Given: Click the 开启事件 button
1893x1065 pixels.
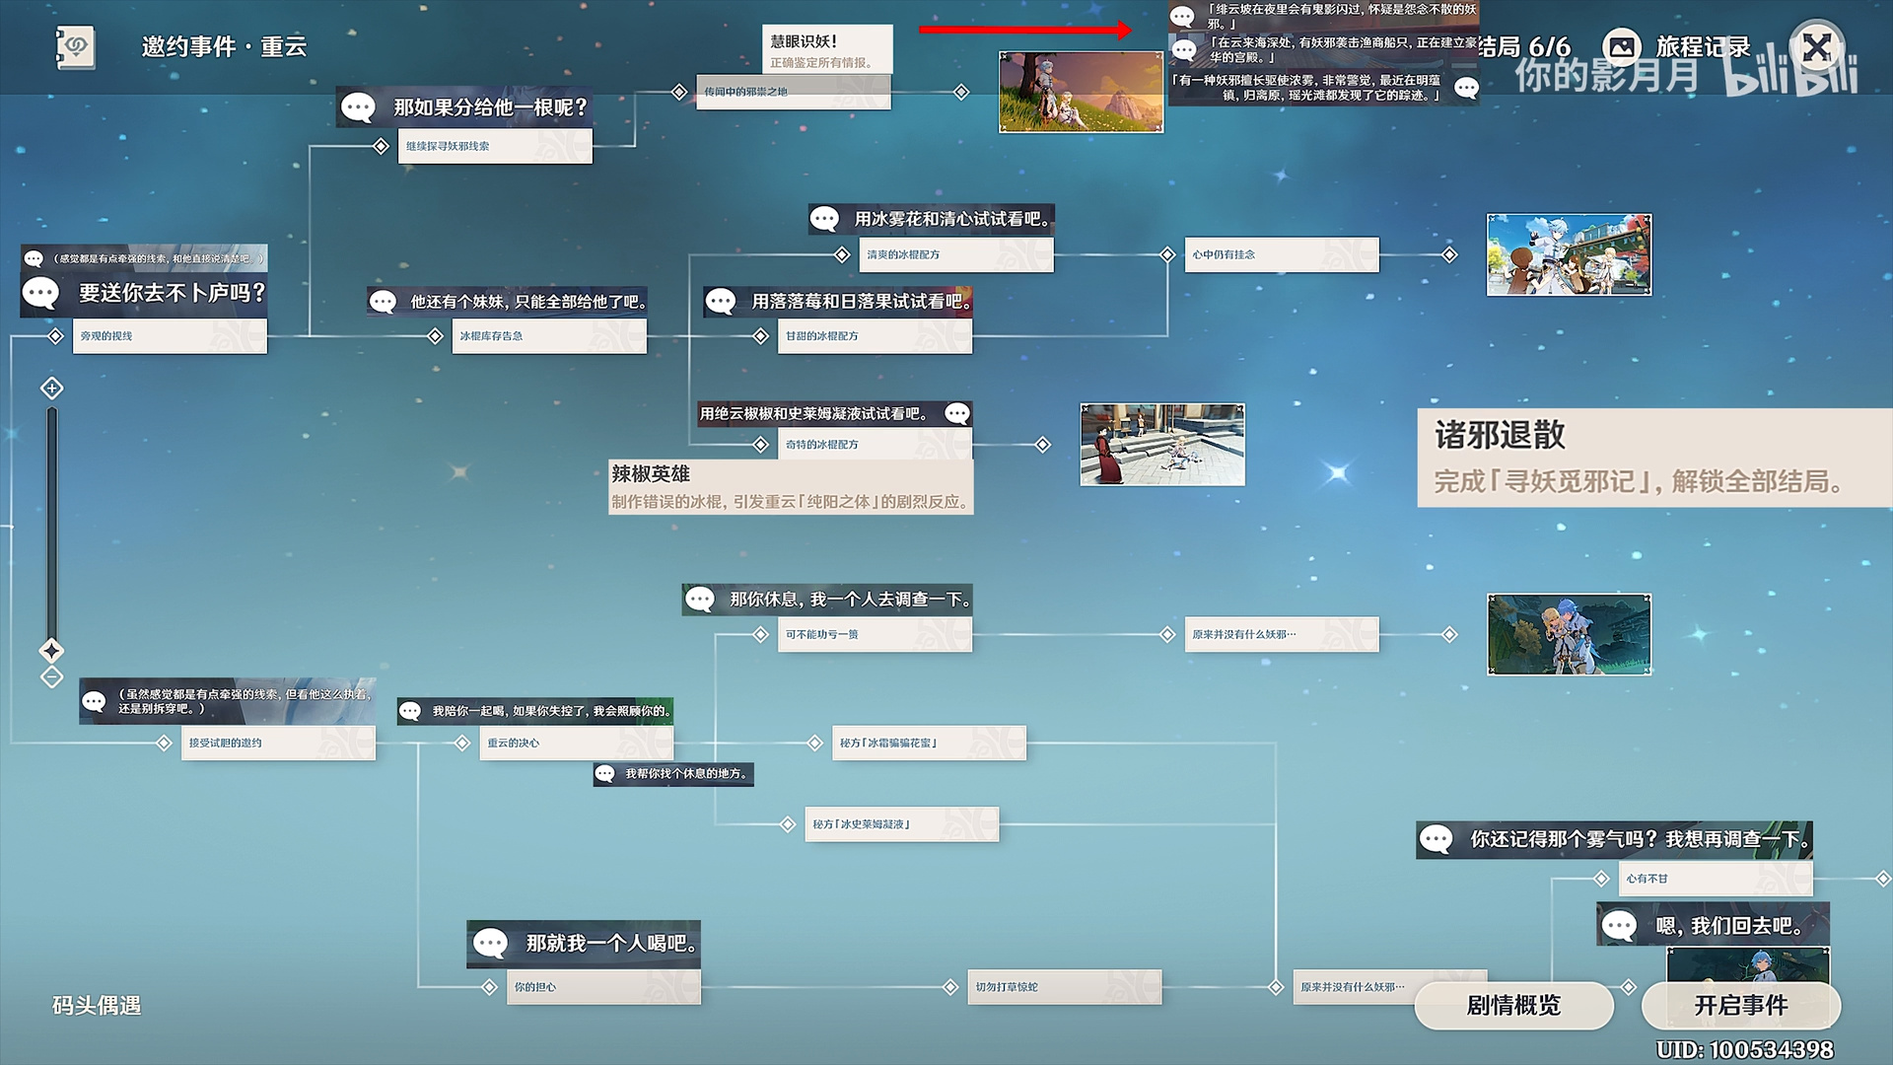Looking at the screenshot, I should (x=1740, y=1006).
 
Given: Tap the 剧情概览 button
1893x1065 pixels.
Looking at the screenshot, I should (x=1513, y=1006).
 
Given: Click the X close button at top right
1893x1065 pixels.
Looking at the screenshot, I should (x=1817, y=46).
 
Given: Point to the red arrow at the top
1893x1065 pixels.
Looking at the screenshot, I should (x=1025, y=30).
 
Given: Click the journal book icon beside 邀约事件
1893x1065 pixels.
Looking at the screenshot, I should (x=75, y=46).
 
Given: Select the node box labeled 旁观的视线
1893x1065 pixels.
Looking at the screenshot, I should (x=170, y=336).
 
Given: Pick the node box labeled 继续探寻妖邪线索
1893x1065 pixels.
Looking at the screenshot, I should (x=494, y=146).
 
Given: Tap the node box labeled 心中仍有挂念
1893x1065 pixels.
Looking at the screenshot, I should (x=1281, y=254).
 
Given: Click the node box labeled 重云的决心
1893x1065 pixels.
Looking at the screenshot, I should (x=576, y=743).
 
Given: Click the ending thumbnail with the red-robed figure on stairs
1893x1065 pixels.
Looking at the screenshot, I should (x=1162, y=445).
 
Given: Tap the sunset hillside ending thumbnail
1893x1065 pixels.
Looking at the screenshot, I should (x=1081, y=92).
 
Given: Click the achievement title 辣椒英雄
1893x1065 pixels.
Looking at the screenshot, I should (x=651, y=474).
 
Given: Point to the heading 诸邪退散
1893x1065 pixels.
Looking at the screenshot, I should (x=1500, y=435).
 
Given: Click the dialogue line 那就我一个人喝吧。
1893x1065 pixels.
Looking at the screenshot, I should (x=611, y=944).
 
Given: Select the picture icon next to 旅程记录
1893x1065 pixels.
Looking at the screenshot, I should (x=1622, y=46).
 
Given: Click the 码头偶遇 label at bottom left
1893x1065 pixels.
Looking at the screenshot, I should (x=97, y=1006).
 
